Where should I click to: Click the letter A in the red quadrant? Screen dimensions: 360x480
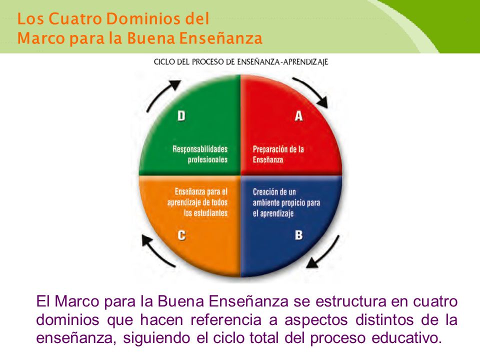point(298,116)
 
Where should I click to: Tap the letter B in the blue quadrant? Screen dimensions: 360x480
point(298,235)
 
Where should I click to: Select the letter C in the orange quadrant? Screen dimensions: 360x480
point(181,235)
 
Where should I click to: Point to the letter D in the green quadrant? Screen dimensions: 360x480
point(181,116)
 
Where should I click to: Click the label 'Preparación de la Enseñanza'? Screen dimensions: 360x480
point(278,154)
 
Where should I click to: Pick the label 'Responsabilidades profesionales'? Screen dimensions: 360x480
point(200,154)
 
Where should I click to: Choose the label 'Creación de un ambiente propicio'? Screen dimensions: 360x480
point(286,202)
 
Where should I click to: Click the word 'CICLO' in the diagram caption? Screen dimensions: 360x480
point(163,62)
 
